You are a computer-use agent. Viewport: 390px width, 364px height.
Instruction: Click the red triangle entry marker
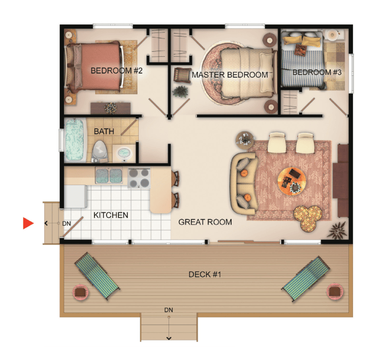pos(28,223)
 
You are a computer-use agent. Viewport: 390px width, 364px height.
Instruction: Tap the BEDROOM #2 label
pos(116,71)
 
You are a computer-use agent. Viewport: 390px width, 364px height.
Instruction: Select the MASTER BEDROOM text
pos(230,75)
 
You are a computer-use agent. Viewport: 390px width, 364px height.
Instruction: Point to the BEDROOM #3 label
pos(317,72)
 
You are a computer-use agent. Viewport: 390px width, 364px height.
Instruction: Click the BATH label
pos(104,131)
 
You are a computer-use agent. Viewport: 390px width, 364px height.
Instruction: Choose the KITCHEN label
pos(111,215)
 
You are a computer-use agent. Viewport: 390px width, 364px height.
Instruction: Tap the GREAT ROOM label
pos(205,222)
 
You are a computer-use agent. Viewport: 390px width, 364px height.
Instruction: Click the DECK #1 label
pos(205,274)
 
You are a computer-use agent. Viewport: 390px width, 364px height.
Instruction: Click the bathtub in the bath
pos(74,139)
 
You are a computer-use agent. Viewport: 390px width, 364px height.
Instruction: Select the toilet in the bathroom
pos(100,151)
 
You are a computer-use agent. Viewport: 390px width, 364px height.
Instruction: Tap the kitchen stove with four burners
pos(139,178)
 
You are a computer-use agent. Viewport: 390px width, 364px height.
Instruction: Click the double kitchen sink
pos(109,175)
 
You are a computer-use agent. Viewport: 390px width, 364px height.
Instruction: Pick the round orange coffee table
pos(292,181)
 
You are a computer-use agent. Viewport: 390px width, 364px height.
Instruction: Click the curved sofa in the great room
pos(243,184)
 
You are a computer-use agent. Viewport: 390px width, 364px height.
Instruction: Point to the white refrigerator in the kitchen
pos(75,196)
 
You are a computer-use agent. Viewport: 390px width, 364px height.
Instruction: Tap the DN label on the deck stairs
pos(169,310)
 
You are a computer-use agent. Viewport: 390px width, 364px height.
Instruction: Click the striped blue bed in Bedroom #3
pos(303,60)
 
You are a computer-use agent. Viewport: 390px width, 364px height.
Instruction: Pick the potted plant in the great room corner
pos(337,231)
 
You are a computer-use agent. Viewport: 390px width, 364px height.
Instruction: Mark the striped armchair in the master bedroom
pos(182,75)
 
